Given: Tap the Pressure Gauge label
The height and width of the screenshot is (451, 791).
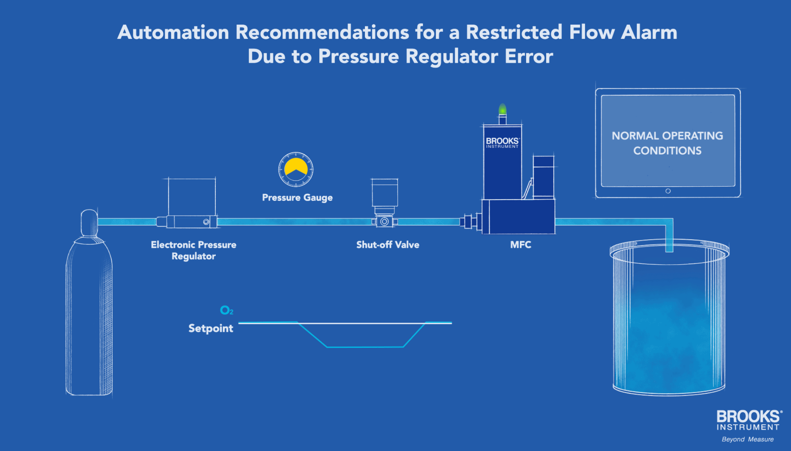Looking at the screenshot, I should tap(297, 198).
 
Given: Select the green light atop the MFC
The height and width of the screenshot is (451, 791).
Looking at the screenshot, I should tap(502, 109).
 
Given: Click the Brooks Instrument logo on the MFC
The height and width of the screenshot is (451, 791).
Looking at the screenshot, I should tap(502, 142).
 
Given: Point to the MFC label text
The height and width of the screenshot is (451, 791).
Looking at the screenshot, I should tap(521, 245).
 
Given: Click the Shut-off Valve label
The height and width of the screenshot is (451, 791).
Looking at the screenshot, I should tap(388, 245).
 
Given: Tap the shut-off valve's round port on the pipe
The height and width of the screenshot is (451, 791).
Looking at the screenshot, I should tap(385, 222).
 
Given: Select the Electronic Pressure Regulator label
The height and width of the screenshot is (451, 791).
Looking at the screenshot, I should tap(193, 250).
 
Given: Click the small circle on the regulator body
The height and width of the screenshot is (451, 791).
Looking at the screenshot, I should tap(206, 222).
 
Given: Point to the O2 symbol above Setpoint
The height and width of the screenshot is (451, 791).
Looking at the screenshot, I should tap(226, 311).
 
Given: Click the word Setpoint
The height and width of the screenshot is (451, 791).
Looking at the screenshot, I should tap(211, 328).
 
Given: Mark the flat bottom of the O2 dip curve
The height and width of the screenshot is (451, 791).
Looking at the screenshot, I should tap(365, 347).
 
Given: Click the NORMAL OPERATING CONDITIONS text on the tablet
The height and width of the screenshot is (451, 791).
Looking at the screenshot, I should tap(667, 143).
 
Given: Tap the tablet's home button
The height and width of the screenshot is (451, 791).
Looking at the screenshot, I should tap(668, 191).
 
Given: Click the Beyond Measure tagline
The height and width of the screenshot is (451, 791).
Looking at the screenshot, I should tap(747, 439).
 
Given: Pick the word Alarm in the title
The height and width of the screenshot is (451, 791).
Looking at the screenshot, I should tap(649, 32).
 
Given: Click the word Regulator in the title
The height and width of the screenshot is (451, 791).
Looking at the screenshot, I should tap(452, 56).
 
